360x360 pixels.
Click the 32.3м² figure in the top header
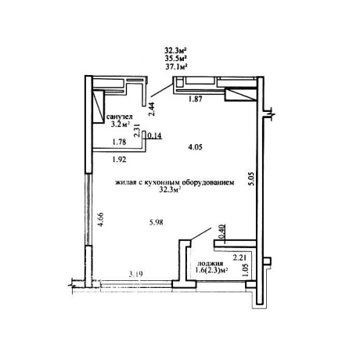pos(176,49)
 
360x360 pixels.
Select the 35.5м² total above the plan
pos(177,58)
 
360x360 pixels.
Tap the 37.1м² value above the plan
pos(177,67)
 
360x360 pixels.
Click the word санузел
pos(120,117)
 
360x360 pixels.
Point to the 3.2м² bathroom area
pos(121,124)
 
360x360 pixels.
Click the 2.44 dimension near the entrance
pos(152,109)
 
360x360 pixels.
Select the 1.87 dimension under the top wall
pos(196,99)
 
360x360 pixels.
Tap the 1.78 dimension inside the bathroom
pos(119,142)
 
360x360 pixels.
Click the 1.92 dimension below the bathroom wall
pos(119,159)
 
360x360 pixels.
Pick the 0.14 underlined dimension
pos(155,135)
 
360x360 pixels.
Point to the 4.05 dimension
pos(195,147)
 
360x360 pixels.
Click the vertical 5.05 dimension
pos(250,178)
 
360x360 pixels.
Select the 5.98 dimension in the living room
pos(157,222)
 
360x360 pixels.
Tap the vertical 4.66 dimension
pos(100,220)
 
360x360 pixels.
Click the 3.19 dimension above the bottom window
pos(136,274)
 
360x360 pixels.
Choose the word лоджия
pos(211,263)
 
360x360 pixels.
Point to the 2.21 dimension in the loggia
pos(239,258)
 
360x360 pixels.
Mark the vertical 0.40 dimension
pos(221,232)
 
